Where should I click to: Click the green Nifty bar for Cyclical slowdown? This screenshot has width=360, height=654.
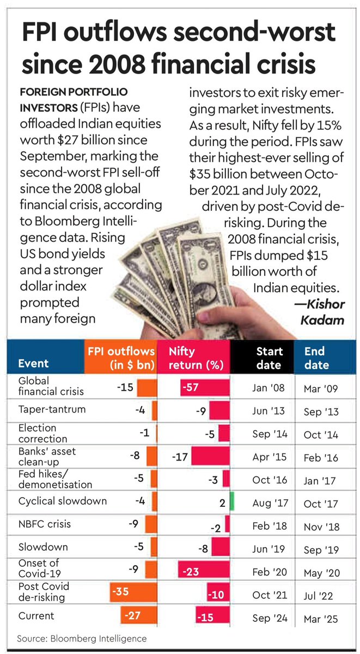(231, 501)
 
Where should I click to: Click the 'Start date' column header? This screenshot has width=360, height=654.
(269, 358)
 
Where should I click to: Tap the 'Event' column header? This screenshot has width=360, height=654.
(33, 364)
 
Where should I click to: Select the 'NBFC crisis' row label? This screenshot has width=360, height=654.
(44, 524)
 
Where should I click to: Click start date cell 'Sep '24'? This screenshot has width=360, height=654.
(269, 619)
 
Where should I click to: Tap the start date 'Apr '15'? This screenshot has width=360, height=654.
(269, 458)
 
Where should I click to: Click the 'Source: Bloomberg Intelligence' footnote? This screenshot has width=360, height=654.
(82, 638)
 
